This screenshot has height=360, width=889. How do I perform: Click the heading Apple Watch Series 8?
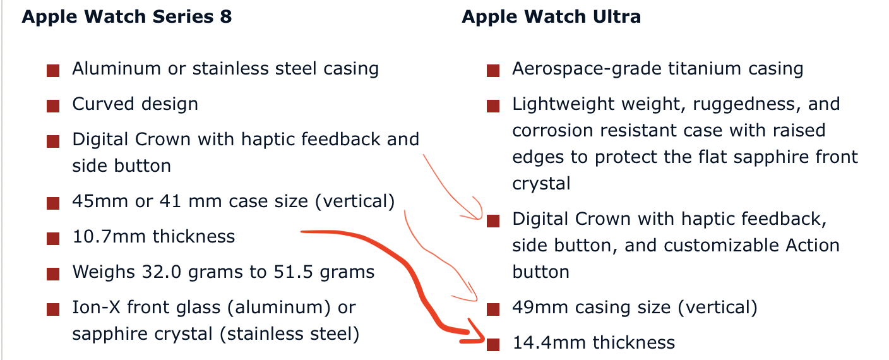click(x=127, y=17)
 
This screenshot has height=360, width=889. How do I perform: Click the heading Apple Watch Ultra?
click(x=551, y=17)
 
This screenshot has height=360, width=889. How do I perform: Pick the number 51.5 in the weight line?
click(x=294, y=272)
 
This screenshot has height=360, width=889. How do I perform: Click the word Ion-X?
click(x=96, y=308)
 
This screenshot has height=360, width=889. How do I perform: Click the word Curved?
click(x=103, y=104)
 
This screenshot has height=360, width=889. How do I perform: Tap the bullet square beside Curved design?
click(x=53, y=106)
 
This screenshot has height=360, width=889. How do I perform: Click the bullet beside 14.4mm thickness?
click(x=493, y=344)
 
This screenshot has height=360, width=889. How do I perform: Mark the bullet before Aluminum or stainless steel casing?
click(x=53, y=71)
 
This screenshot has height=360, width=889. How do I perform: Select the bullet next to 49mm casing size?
click(x=493, y=309)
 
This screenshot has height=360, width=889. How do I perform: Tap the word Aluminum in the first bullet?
click(x=117, y=69)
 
